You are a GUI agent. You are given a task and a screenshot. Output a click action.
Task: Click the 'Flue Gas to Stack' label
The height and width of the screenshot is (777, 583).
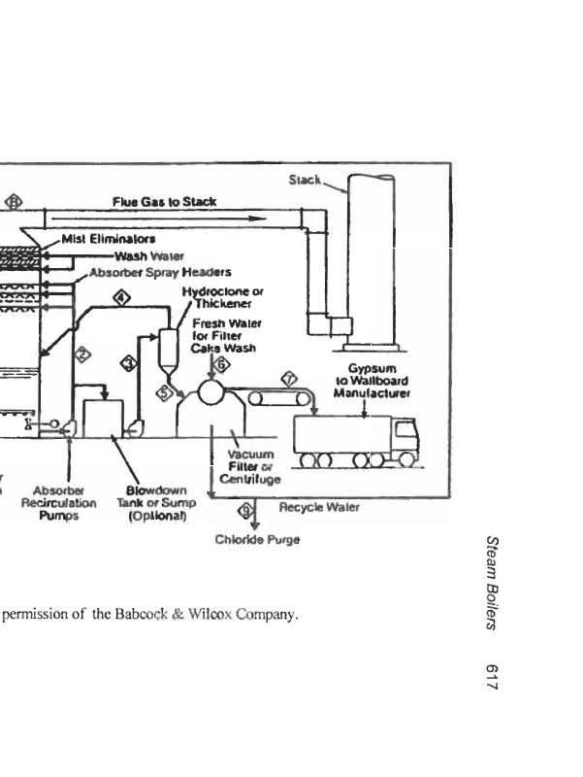164,202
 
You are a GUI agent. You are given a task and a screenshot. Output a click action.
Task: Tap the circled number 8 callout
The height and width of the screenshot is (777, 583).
14,202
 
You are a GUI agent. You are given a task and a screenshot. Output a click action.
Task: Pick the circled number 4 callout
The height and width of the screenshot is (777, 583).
121,297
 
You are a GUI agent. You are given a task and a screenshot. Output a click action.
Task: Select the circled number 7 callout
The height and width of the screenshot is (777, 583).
287,378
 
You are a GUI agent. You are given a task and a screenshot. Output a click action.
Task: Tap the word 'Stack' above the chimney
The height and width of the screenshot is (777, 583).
306,180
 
